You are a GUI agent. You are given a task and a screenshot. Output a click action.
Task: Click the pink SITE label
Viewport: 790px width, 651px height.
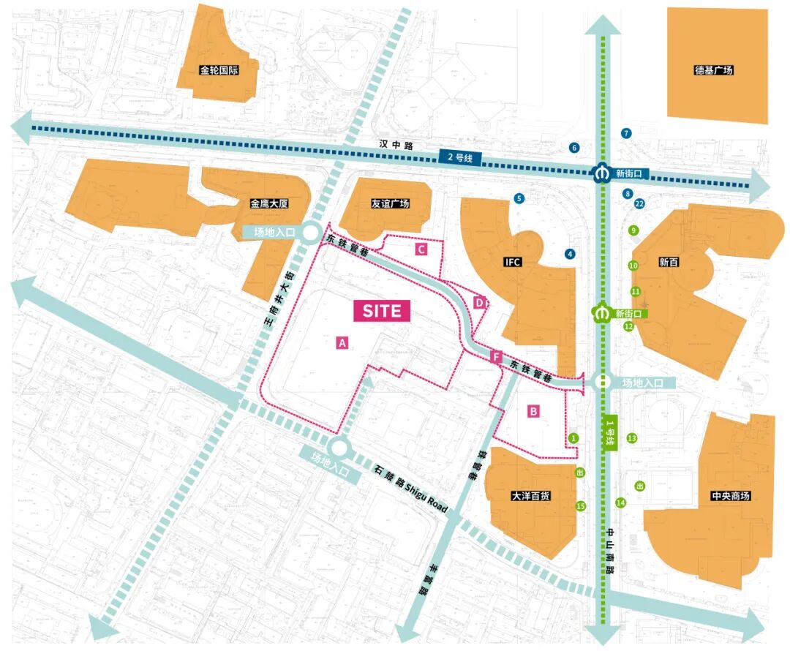tap(382, 310)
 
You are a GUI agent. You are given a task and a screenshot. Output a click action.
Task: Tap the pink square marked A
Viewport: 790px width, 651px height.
tap(342, 342)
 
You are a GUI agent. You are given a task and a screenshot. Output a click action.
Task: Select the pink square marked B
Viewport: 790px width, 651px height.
tap(534, 412)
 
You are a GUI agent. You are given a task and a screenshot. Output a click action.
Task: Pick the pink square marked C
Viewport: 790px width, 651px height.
tap(421, 249)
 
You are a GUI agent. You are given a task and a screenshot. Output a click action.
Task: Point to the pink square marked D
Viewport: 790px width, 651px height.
tap(479, 302)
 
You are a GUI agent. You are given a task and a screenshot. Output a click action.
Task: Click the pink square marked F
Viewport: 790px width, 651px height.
tap(496, 358)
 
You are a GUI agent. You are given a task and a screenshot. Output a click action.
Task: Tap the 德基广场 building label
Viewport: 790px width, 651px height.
tap(713, 71)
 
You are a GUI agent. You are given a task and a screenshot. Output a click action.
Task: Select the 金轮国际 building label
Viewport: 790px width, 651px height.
tap(219, 71)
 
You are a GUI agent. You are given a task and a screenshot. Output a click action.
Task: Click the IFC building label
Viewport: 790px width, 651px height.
tap(513, 261)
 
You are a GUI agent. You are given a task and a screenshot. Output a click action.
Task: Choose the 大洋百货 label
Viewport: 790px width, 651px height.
tap(531, 496)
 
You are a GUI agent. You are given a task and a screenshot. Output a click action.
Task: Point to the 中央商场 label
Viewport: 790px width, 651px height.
tap(730, 496)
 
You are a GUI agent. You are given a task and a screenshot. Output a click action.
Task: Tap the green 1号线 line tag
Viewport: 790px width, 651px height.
tap(609, 434)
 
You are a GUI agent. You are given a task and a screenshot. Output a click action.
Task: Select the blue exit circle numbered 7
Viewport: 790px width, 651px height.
tap(625, 133)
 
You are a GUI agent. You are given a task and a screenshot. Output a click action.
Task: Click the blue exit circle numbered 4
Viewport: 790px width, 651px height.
tap(570, 254)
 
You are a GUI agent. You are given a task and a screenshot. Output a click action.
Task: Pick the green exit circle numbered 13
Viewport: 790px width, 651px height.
tap(632, 438)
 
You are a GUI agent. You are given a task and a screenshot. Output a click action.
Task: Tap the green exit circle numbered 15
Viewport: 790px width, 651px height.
tap(582, 505)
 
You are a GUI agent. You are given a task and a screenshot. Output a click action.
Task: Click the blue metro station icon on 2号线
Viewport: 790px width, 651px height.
tap(601, 174)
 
